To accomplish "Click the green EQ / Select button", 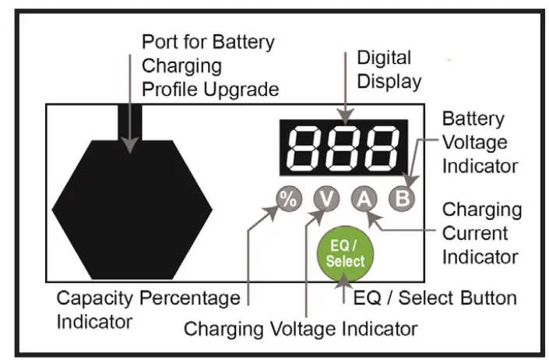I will (x=346, y=256).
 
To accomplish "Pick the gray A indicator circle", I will (x=363, y=199).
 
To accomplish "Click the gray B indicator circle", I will (x=402, y=199).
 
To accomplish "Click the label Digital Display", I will (x=389, y=69).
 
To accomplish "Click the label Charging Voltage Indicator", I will (x=301, y=329).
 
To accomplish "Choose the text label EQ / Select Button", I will (x=435, y=298).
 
